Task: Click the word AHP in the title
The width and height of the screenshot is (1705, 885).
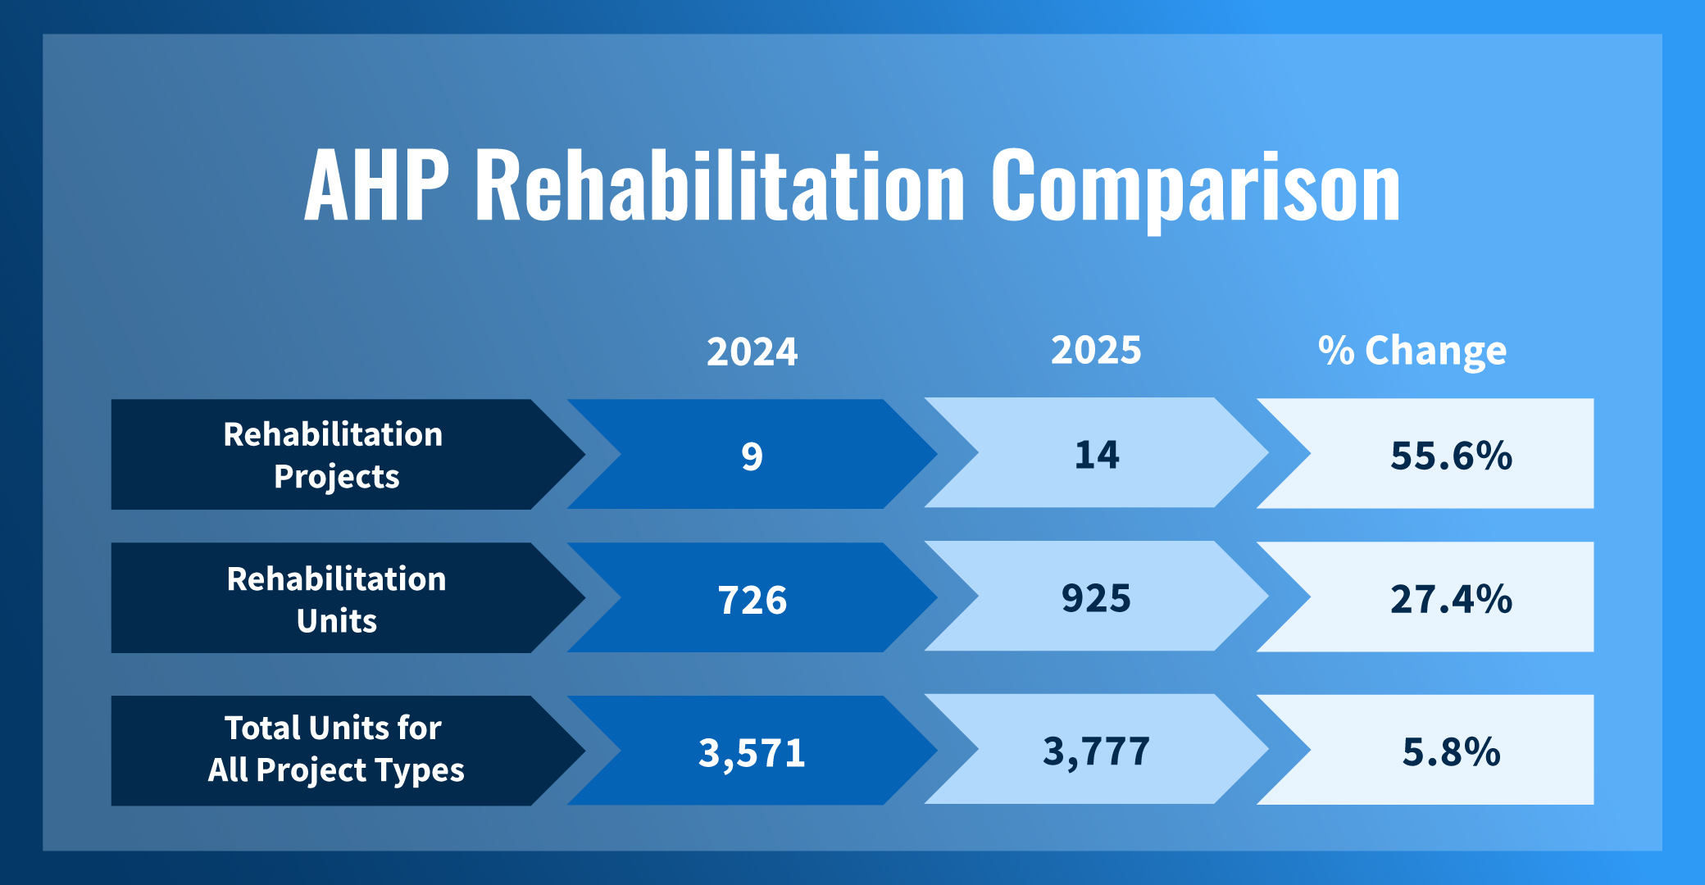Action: tap(376, 186)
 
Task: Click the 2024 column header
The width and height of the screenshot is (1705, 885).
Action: tap(752, 352)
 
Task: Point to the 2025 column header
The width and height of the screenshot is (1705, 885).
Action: tap(1096, 350)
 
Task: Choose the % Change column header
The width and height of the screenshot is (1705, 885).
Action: tap(1412, 351)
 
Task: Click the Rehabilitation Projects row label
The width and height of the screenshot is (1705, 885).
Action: tap(334, 455)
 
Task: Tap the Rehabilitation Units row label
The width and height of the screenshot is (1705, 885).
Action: tap(336, 599)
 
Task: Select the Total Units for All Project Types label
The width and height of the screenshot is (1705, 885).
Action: tap(335, 749)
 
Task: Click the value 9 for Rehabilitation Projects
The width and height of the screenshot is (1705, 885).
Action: tap(752, 456)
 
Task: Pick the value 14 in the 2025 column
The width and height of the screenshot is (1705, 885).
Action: tap(1097, 455)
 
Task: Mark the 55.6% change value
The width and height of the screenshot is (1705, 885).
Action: tap(1451, 456)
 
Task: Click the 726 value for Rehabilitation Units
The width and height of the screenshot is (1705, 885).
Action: tap(752, 600)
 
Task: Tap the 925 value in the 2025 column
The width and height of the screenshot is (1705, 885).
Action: tap(1096, 598)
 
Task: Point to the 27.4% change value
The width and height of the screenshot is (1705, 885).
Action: tap(1451, 599)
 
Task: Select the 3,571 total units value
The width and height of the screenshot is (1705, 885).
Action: tap(752, 752)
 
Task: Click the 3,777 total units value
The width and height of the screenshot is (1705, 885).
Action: tap(1096, 751)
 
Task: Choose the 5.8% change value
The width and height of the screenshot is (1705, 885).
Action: tap(1451, 751)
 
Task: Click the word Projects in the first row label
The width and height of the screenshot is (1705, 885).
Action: tap(336, 477)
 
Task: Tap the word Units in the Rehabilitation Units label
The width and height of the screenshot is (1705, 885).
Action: tap(336, 621)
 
